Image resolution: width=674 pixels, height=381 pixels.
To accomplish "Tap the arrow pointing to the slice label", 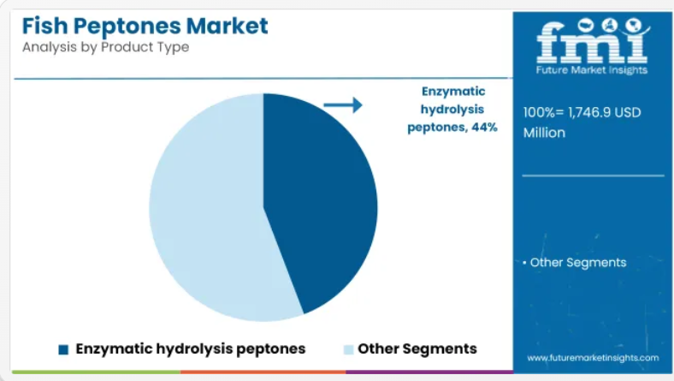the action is coord(343,105).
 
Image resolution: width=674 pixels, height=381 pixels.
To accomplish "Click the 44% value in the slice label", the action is coord(484,128).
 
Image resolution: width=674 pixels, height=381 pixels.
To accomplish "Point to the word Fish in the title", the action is coord(44,26).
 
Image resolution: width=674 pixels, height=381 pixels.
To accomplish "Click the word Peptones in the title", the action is coord(127,27).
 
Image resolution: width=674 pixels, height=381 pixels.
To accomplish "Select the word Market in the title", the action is coord(228,26).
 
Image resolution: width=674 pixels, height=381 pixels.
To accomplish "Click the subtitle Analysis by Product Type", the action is coord(106,47).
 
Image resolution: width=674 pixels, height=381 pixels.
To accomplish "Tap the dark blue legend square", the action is coord(63,349).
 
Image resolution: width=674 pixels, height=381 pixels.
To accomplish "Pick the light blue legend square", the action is coord(349,349).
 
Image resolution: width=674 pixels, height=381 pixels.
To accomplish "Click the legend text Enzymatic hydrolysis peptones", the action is coord(191,348).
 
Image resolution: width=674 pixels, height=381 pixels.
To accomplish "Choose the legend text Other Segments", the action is coord(417,348).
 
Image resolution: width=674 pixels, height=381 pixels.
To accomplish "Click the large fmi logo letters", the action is coord(593,41).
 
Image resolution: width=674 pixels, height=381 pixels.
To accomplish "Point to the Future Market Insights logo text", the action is coord(592,70).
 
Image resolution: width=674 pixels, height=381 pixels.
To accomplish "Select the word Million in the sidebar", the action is coord(544,133).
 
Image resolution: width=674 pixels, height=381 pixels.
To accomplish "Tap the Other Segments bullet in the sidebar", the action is coord(574,263).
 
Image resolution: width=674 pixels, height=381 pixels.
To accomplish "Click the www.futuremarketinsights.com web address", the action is coord(593,358).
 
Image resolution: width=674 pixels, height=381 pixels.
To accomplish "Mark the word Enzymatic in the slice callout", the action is coord(453,92).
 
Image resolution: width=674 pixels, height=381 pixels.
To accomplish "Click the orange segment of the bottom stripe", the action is coord(263,372).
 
